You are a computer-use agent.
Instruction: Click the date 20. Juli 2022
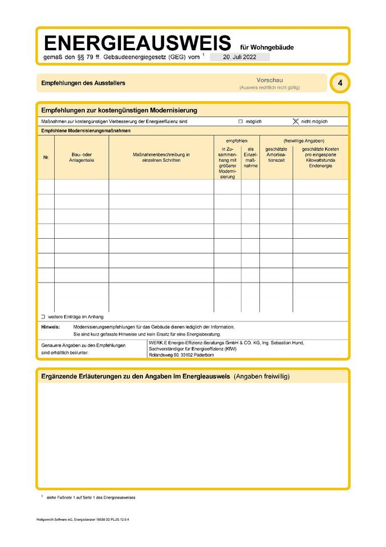click(x=239, y=58)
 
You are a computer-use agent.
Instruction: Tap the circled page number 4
click(x=340, y=83)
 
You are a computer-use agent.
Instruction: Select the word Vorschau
click(x=270, y=80)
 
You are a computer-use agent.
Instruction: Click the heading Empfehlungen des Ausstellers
click(x=83, y=83)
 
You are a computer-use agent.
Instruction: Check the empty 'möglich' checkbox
click(x=241, y=121)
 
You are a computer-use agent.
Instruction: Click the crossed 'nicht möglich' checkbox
click(x=295, y=121)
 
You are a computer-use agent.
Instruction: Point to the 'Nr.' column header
click(x=46, y=157)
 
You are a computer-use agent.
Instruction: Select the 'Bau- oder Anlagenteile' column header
click(x=82, y=157)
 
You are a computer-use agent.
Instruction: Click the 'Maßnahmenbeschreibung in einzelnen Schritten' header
click(x=161, y=157)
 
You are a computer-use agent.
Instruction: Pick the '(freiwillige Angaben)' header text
click(x=304, y=140)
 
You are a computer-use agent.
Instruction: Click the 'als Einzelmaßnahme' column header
click(x=250, y=157)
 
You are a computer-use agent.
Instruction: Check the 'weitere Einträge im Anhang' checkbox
click(x=43, y=316)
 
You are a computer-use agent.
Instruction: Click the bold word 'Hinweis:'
click(x=51, y=327)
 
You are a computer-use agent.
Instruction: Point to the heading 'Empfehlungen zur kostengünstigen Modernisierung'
click(x=119, y=110)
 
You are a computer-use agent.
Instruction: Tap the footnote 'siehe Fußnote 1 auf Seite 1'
click(x=91, y=497)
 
